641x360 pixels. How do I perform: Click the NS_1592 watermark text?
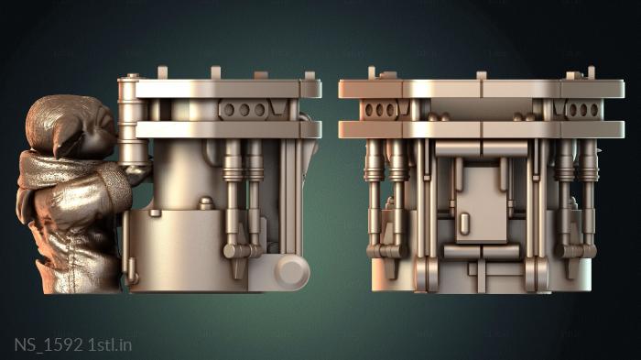tap(49, 344)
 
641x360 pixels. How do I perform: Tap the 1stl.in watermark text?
tap(110, 344)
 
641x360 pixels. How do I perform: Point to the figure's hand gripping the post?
tap(138, 172)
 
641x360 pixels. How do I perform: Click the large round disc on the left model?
tap(291, 271)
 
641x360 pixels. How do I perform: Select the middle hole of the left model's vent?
tap(244, 110)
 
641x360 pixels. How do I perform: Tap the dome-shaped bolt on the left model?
tap(206, 203)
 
